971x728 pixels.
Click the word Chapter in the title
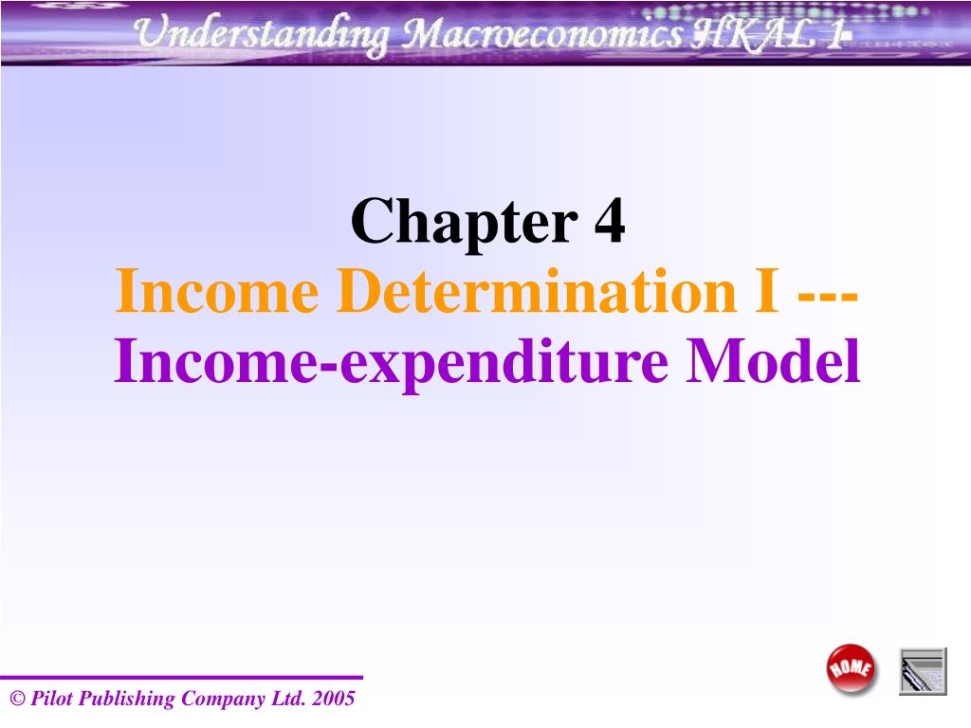click(x=464, y=224)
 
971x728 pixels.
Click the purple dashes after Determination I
click(x=829, y=294)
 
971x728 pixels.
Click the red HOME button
click(x=852, y=669)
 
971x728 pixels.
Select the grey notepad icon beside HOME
click(x=923, y=671)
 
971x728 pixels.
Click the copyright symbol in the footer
click(x=16, y=701)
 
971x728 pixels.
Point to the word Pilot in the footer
click(x=51, y=700)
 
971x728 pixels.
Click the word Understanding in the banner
click(x=260, y=36)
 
